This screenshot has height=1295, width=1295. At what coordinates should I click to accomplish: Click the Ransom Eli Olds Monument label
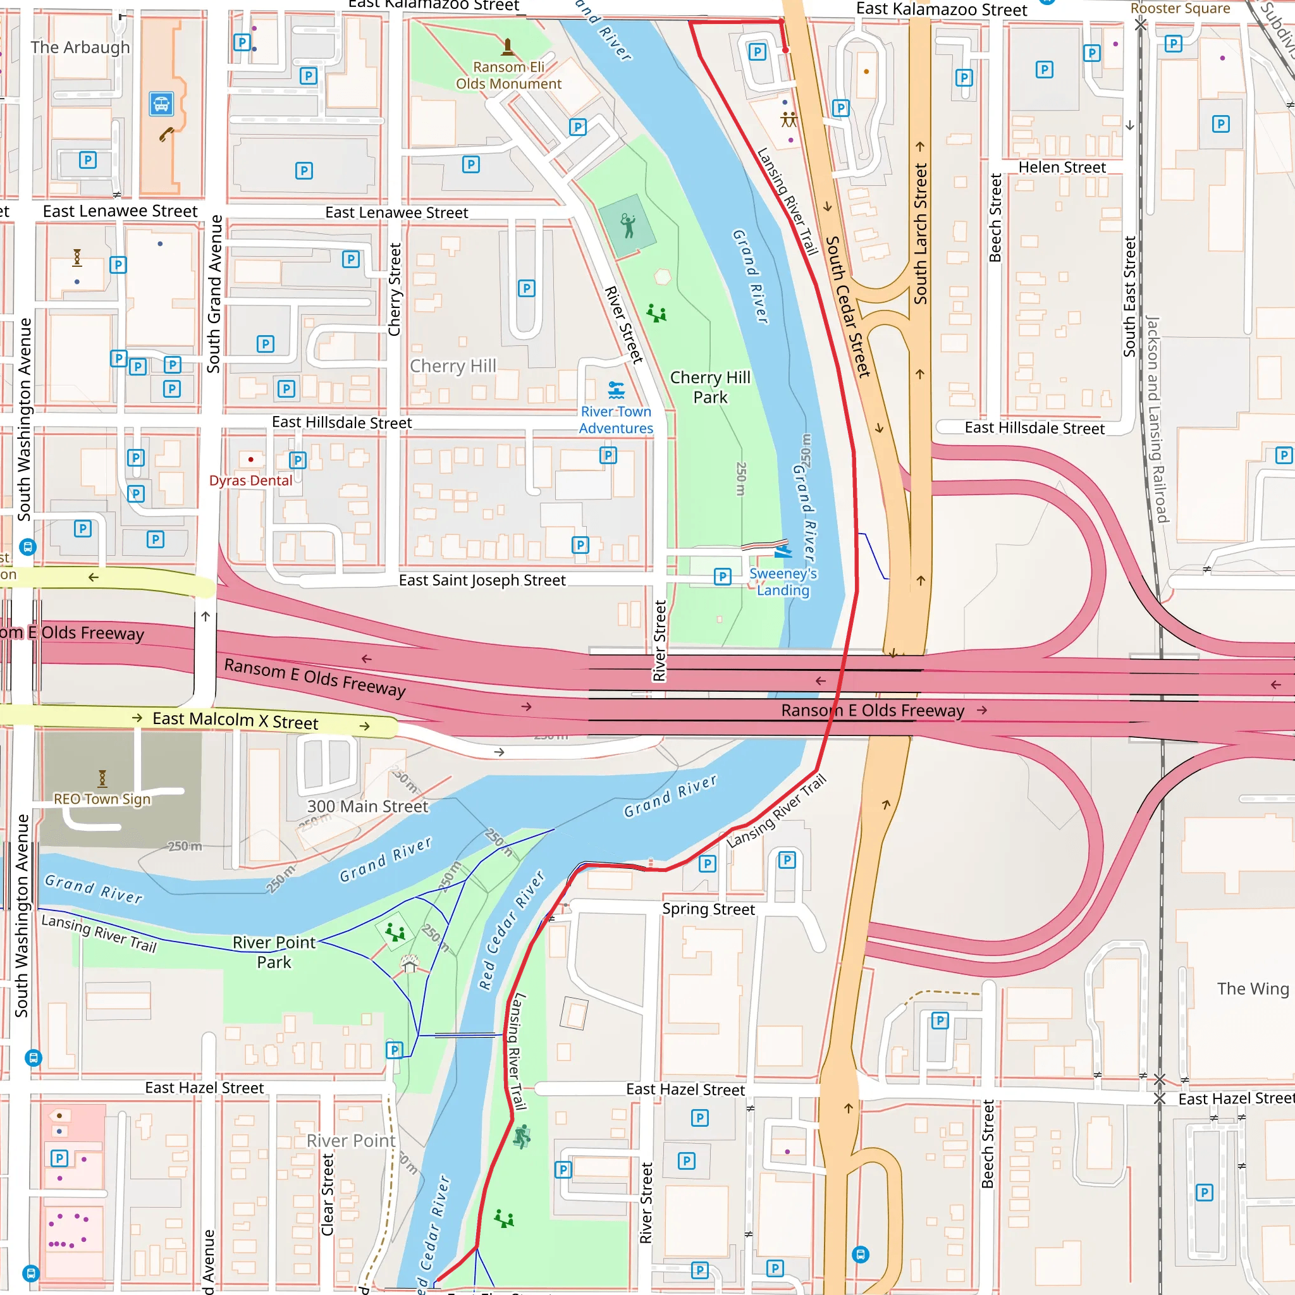click(x=508, y=75)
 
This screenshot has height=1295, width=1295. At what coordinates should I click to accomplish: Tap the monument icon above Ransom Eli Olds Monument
click(x=507, y=47)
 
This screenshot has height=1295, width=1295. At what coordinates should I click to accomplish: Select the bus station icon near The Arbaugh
click(x=161, y=104)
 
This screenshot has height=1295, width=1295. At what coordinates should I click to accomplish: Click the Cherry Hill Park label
click(x=710, y=388)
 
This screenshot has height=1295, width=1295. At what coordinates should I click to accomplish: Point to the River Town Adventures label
click(x=615, y=420)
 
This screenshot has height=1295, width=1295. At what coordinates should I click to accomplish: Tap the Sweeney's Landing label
click(x=782, y=582)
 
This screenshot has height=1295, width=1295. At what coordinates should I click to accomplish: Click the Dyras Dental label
click(x=250, y=481)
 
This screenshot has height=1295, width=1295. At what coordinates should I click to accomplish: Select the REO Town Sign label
click(x=102, y=799)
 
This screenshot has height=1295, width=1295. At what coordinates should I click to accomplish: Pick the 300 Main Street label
click(x=367, y=806)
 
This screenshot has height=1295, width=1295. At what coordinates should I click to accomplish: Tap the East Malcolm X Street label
click(x=235, y=721)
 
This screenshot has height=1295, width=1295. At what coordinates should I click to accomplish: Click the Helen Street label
click(x=1062, y=167)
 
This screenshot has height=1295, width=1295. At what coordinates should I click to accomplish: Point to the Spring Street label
click(x=708, y=909)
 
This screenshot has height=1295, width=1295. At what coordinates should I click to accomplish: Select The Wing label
click(x=1252, y=989)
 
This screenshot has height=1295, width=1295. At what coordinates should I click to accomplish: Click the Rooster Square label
click(x=1180, y=8)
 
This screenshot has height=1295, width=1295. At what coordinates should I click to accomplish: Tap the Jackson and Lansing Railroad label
click(x=1157, y=419)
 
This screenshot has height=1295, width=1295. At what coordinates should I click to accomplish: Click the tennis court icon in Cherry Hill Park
click(x=628, y=226)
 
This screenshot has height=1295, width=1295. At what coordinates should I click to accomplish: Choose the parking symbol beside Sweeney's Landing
click(x=722, y=577)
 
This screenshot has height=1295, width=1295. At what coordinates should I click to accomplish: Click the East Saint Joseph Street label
click(x=482, y=580)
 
